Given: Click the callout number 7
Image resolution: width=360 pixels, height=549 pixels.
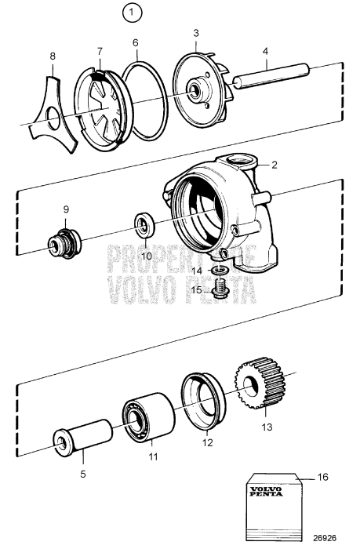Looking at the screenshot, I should click(x=100, y=51).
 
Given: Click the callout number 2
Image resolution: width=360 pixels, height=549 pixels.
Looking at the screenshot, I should click(x=274, y=165).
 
